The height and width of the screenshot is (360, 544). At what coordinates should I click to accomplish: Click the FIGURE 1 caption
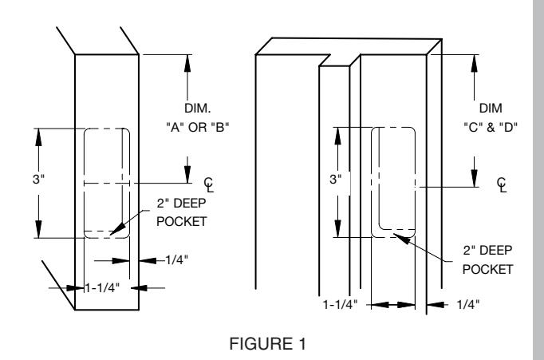tap(268, 344)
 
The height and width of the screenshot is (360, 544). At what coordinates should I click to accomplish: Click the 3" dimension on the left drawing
tap(38, 179)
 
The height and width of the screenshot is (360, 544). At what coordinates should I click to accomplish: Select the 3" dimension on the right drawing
tap(336, 179)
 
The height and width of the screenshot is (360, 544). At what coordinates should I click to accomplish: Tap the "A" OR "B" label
tap(198, 127)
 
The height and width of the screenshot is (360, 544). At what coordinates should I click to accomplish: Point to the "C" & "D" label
tap(491, 127)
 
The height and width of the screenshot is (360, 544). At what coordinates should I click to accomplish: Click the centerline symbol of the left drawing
tap(209, 184)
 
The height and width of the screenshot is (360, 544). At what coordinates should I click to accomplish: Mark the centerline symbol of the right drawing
tap(502, 184)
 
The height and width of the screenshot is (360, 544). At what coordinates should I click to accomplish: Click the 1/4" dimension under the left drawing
tap(176, 259)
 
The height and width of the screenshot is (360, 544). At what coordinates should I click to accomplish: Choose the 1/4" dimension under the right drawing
tap(468, 304)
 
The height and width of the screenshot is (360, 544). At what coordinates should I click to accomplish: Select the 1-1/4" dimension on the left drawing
tap(103, 287)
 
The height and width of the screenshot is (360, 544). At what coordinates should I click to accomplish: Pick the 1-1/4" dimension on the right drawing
tap(341, 304)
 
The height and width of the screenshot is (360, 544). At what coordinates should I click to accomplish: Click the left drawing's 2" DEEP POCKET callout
tap(181, 212)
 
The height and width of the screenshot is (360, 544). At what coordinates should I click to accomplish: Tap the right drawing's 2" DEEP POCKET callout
tap(487, 259)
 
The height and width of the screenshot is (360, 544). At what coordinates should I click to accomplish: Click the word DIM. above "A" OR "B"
tap(198, 108)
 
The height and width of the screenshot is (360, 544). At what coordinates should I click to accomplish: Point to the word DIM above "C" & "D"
tap(491, 108)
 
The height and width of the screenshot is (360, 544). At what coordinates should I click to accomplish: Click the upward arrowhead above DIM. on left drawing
tap(187, 63)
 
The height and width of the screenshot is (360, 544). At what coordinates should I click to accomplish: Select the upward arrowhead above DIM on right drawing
tap(475, 63)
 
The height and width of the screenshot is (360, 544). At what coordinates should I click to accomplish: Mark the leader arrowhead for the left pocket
tap(117, 228)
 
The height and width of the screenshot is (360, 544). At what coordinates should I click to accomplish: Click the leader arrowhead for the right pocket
tap(401, 239)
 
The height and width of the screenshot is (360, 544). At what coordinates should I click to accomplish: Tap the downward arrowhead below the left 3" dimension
tap(38, 229)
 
